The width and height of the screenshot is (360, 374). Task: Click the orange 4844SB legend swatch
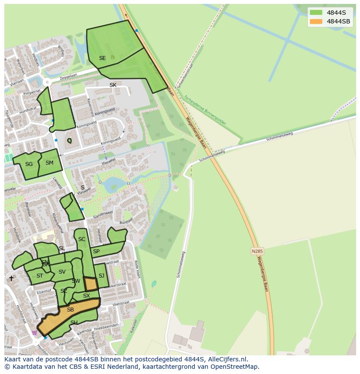point(316,21)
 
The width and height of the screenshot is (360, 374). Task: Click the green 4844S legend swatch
point(316,13)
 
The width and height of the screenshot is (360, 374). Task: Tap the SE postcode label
point(102,58)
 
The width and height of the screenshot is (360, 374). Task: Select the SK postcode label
point(113,85)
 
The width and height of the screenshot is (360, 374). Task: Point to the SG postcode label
point(29,164)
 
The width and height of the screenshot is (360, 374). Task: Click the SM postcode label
point(50,163)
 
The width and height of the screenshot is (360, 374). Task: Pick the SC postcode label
point(82,239)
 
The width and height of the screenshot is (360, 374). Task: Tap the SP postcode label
point(96,252)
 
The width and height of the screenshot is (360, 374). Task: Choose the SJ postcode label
point(101,276)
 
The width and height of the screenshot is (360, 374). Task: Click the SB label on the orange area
point(70,310)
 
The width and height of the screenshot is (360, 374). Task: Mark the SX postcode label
point(87,296)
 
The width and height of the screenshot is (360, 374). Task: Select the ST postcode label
point(40,276)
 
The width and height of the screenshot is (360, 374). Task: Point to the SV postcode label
point(62,272)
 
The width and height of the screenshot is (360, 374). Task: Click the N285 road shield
point(257,251)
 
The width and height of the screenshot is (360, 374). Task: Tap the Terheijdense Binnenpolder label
point(205,110)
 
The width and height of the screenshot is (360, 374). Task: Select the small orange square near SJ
point(90,284)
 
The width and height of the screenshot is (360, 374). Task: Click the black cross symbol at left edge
point(11,278)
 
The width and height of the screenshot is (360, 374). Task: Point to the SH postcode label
point(74,322)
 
